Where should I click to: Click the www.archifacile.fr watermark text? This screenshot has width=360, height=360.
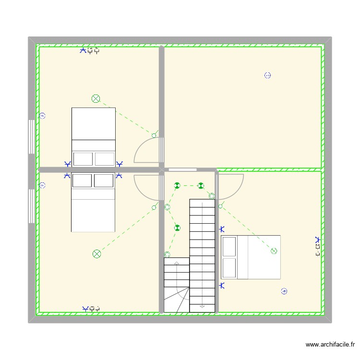(x=330, y=345)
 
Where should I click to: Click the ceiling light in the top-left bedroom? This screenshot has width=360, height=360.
(x=96, y=99)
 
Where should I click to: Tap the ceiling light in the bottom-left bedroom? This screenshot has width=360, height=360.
(x=96, y=253)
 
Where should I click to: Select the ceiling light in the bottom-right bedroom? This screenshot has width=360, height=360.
(x=274, y=251)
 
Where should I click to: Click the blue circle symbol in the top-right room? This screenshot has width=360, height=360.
(x=268, y=75)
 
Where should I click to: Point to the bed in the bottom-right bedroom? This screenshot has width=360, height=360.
(x=250, y=257)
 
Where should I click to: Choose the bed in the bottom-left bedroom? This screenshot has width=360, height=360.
(x=93, y=202)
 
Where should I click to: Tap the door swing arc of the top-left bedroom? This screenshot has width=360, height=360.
(x=146, y=150)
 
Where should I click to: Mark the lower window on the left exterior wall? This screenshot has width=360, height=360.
(x=31, y=206)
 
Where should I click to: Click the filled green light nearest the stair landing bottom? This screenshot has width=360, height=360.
(x=178, y=228)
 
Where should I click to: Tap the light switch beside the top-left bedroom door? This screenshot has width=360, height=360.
(x=154, y=135)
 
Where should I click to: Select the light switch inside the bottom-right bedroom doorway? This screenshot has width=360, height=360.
(x=220, y=206)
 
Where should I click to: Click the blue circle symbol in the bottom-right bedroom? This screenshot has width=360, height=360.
(x=284, y=291)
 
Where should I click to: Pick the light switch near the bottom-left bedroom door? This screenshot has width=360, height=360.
(x=154, y=207)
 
